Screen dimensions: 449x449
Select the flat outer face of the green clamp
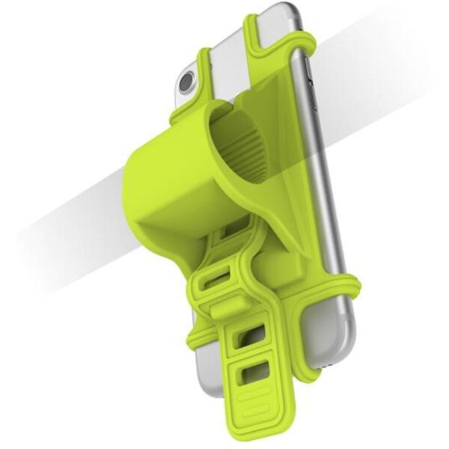161,187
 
